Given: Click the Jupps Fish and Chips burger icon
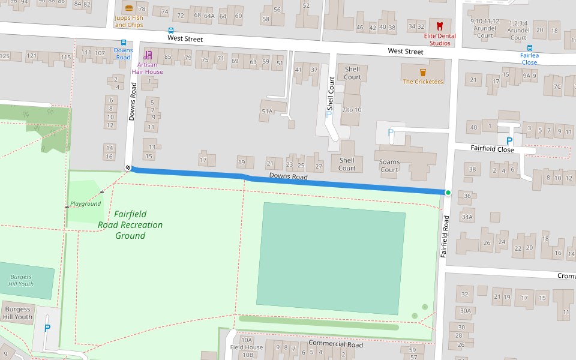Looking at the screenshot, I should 129,8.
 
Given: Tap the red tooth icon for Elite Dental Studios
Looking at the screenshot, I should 439,26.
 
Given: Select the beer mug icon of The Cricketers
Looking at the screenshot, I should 423,72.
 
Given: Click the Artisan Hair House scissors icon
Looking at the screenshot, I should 148,55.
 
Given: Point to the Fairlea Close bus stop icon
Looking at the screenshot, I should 529,48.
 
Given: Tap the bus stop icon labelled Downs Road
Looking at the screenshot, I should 124,43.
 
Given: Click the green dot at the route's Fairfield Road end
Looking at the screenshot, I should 448,193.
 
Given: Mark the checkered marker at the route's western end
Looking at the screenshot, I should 128,167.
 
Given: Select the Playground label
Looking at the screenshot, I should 85,204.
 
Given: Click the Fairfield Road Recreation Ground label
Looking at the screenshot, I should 130,225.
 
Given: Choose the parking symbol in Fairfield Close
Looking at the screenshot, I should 509,141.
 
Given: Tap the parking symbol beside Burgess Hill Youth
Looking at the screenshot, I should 47,328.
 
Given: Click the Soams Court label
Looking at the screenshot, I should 389,166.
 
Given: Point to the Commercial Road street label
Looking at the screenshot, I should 335,344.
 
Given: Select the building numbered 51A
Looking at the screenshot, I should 267,112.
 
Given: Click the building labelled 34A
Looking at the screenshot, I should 467,217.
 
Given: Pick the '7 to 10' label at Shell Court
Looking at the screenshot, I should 352,110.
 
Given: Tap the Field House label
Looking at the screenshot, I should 247,347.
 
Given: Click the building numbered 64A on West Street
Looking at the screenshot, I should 209,16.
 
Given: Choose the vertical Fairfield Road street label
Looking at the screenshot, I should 445,237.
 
